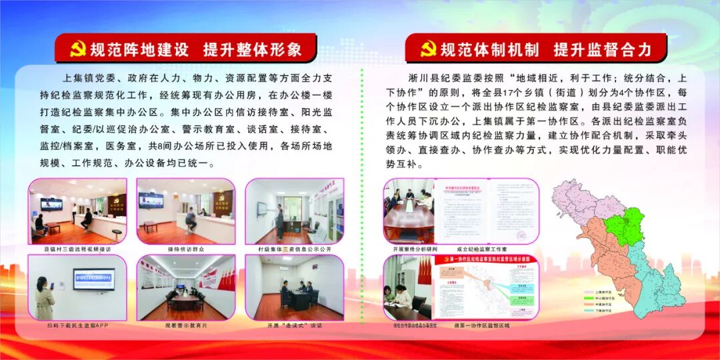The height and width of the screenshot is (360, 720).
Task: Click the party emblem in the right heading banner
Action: tap(427, 49)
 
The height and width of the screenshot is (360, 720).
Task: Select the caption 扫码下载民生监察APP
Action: tap(77, 326)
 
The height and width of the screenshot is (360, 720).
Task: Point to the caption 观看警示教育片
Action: tap(185, 326)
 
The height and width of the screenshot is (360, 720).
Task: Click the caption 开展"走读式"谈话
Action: tap(294, 326)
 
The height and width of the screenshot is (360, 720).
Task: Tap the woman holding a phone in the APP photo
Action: tap(44, 297)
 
